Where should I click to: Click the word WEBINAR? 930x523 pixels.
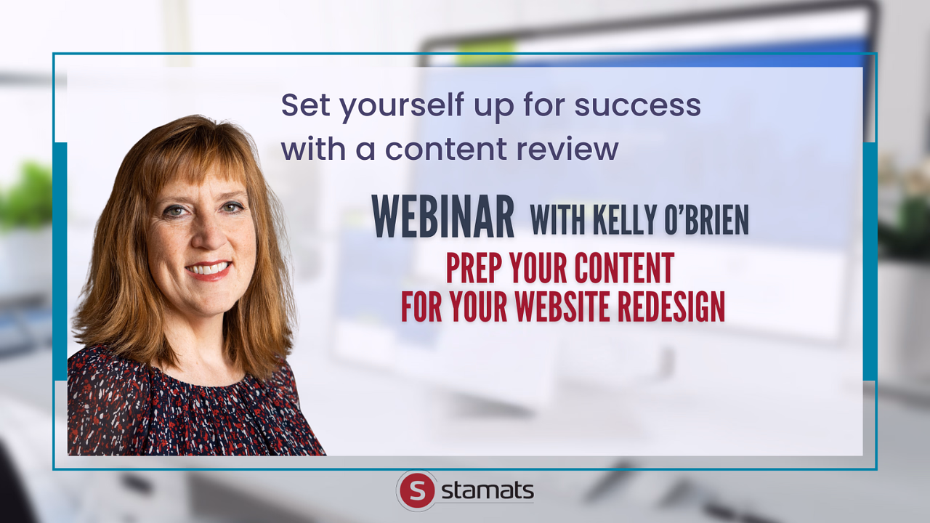coord(442,216)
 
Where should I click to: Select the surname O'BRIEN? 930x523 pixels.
coord(707,219)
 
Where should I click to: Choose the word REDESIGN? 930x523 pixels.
coord(671,307)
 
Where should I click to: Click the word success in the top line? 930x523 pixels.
coord(638,105)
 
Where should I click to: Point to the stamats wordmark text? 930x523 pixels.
coord(488,490)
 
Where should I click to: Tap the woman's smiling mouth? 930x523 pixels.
coord(209,269)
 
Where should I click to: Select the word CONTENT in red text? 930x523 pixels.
coord(592,268)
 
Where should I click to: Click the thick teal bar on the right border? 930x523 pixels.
coord(870,261)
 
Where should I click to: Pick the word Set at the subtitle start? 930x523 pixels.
coord(305,105)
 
